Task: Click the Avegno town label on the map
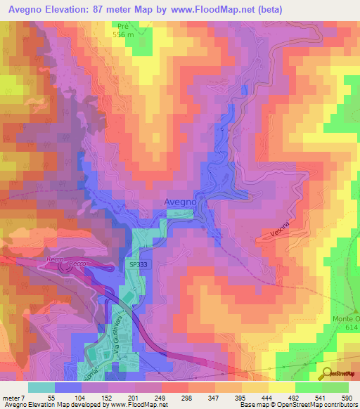[180, 202]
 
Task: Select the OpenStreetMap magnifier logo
[326, 374]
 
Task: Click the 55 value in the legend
[51, 398]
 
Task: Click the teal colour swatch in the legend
[41, 387]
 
